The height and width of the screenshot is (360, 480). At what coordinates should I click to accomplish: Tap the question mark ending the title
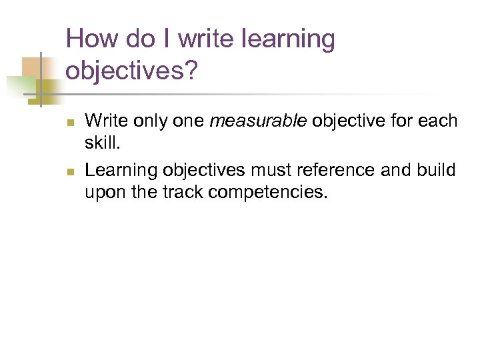(x=191, y=71)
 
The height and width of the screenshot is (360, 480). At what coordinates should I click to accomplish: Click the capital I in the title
(x=167, y=39)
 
